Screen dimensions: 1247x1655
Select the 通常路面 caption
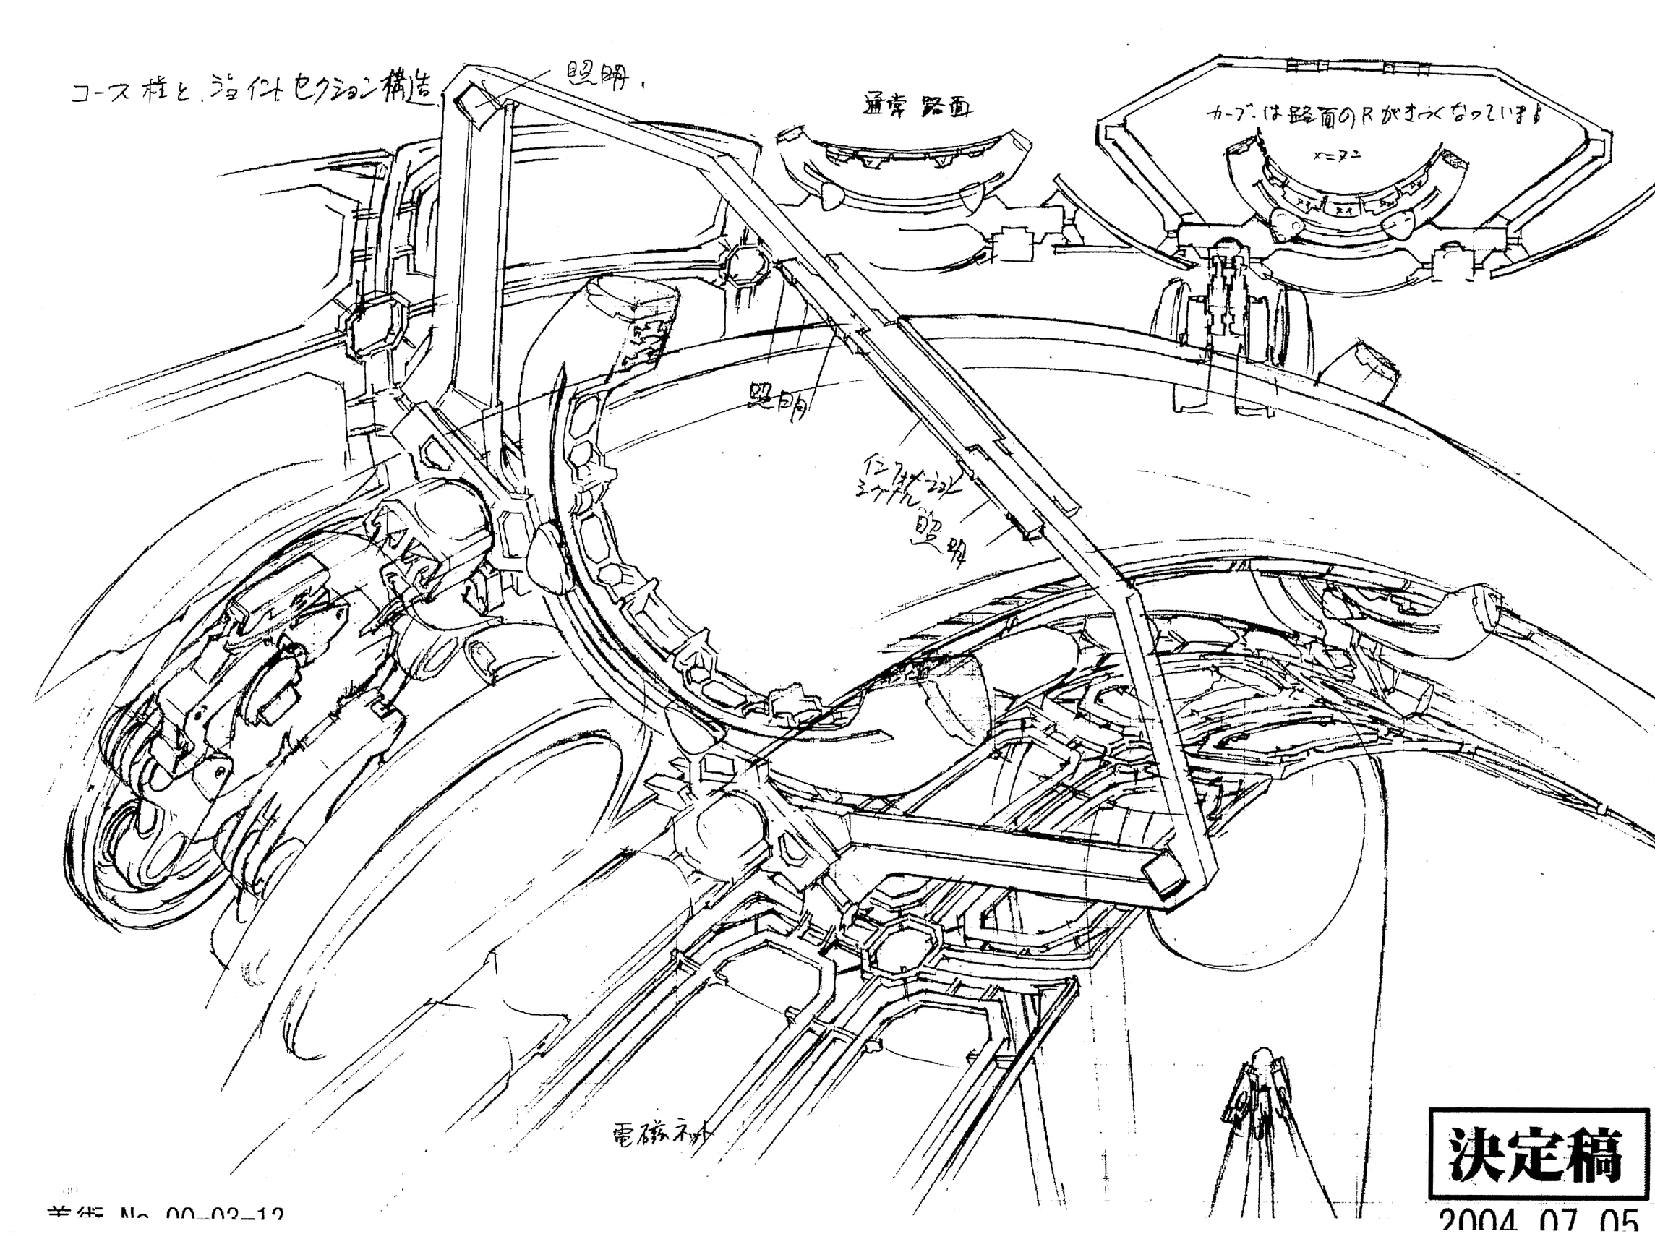pos(918,106)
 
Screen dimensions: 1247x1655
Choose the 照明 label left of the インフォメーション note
pos(778,403)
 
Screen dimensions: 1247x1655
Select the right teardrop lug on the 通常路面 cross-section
pos(973,196)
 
